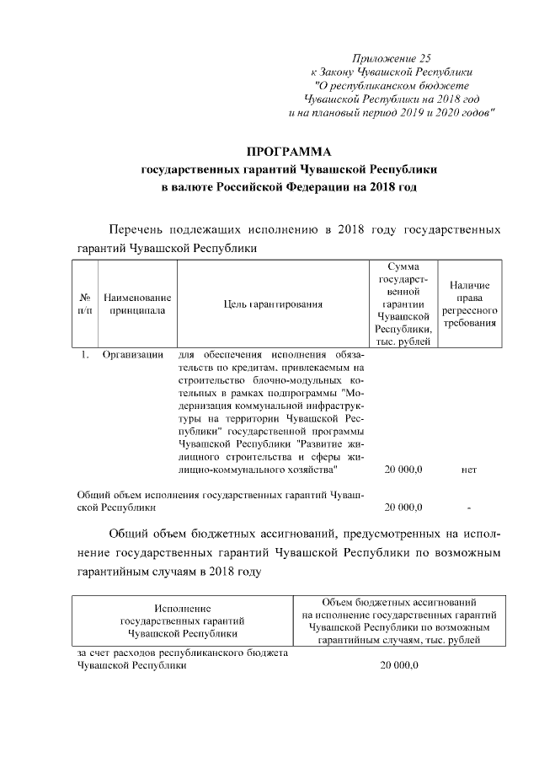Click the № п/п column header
(x=85, y=304)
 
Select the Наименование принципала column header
(x=137, y=304)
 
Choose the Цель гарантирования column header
(x=274, y=304)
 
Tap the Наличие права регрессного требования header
(x=469, y=305)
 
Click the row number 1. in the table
(x=85, y=354)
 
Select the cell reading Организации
(x=133, y=354)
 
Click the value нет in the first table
(x=469, y=469)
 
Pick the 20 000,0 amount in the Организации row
(x=403, y=469)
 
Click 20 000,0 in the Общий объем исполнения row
(x=403, y=508)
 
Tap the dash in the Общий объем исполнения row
(x=469, y=508)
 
